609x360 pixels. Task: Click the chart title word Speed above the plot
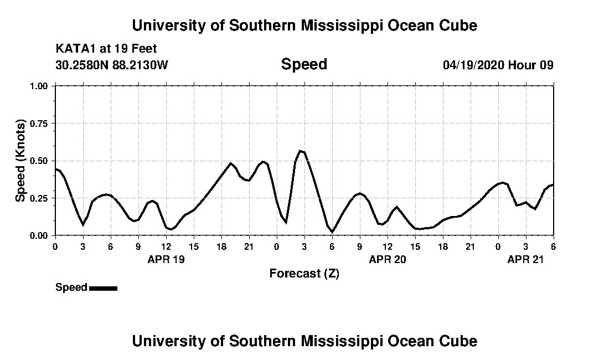pyautogui.click(x=304, y=64)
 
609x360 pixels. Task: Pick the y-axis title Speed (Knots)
pyautogui.click(x=20, y=161)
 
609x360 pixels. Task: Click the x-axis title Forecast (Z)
pyautogui.click(x=304, y=273)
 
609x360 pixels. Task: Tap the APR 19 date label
pyautogui.click(x=166, y=259)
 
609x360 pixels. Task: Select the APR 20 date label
pyautogui.click(x=388, y=259)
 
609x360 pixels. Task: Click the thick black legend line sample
pyautogui.click(x=103, y=288)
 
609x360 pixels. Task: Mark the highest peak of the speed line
pyautogui.click(x=301, y=151)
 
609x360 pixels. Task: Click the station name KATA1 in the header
pyautogui.click(x=75, y=49)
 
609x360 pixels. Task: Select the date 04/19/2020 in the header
pyautogui.click(x=473, y=65)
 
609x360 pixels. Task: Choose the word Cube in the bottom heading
pyautogui.click(x=461, y=341)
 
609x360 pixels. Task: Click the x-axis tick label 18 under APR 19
pyautogui.click(x=221, y=246)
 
